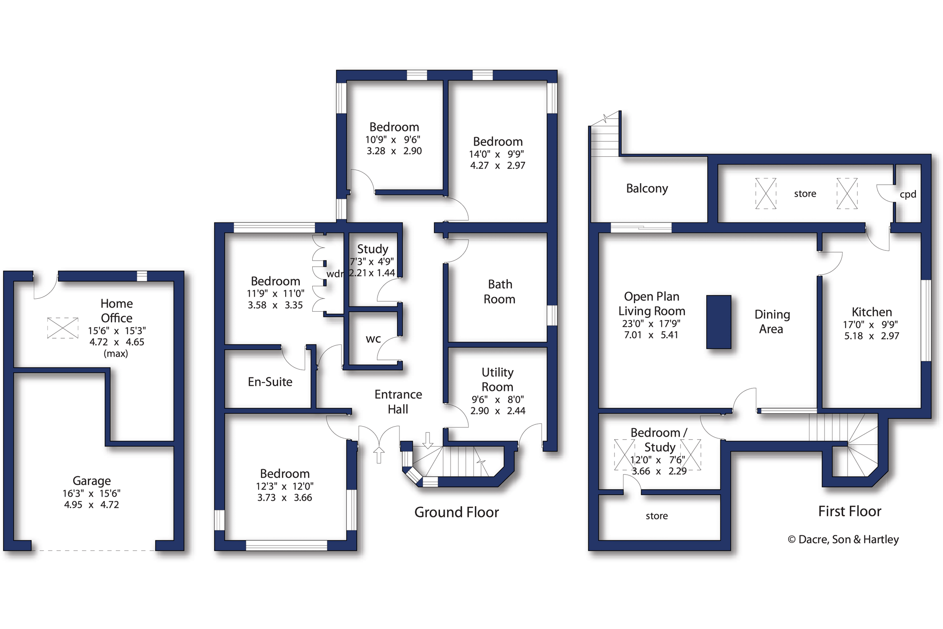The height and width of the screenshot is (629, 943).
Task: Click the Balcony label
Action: coord(647,189)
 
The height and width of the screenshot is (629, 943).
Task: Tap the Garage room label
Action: coord(92,481)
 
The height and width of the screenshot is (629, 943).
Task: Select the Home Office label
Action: coord(117,311)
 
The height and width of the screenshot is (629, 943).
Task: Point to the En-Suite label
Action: coord(270,382)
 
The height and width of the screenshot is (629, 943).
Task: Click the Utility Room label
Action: coord(497,380)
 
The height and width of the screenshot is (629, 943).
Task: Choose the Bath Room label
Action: coord(499,292)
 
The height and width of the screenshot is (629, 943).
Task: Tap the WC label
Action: coord(373,340)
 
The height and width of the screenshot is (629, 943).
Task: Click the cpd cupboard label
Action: coord(908,194)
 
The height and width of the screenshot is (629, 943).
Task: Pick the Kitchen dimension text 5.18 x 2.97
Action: coord(872,336)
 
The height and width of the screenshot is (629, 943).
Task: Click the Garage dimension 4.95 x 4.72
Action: coord(91,505)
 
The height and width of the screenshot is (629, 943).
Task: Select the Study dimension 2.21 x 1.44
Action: coord(372,273)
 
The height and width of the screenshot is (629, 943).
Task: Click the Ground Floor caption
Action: coord(456,512)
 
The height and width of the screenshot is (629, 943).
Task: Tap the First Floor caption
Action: coord(849,511)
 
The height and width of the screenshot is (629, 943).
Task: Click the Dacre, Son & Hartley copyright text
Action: coord(843,539)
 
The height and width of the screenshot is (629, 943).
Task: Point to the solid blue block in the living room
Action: coord(719,322)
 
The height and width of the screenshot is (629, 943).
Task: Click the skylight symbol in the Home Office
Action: coord(63,328)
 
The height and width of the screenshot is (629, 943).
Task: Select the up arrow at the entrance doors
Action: coord(379,455)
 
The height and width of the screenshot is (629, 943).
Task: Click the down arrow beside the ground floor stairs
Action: coord(428,440)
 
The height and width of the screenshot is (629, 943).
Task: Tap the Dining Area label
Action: coord(772,322)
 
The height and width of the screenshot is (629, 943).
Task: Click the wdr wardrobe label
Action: coord(335,274)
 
